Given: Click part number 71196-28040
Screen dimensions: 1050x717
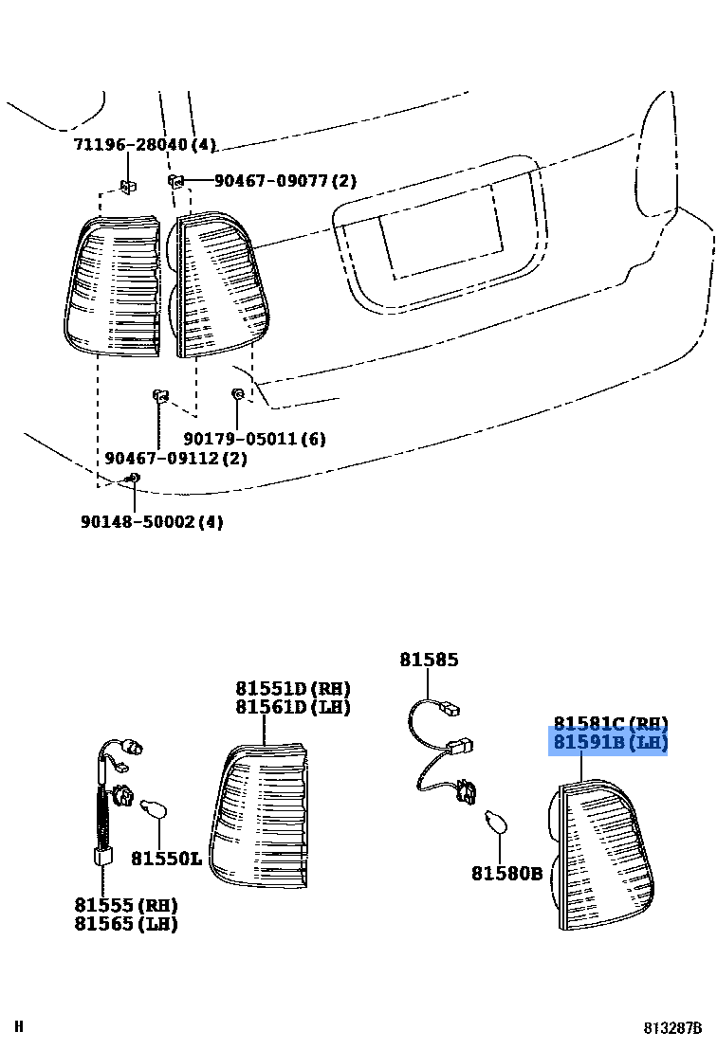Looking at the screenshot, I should (x=144, y=145).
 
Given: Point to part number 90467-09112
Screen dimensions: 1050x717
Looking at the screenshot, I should (x=175, y=458).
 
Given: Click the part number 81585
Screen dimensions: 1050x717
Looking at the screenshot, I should (x=429, y=660).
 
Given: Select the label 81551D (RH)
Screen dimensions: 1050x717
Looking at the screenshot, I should (x=293, y=689).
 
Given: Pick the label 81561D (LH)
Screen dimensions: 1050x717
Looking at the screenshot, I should (x=293, y=707).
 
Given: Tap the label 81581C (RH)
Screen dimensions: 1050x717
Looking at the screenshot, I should (x=611, y=724).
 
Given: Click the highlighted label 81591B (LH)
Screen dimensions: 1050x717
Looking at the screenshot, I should (x=611, y=743).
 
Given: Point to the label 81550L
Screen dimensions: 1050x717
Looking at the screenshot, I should (x=166, y=859).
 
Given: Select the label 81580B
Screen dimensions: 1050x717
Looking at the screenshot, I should (x=507, y=873).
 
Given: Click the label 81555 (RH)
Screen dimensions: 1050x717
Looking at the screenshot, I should (x=126, y=905).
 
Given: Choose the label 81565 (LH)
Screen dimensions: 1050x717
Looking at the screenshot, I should (x=126, y=923).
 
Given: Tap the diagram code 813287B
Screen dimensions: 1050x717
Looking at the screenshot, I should (x=673, y=1027).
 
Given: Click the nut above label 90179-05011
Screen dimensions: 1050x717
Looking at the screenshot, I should (x=237, y=393).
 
